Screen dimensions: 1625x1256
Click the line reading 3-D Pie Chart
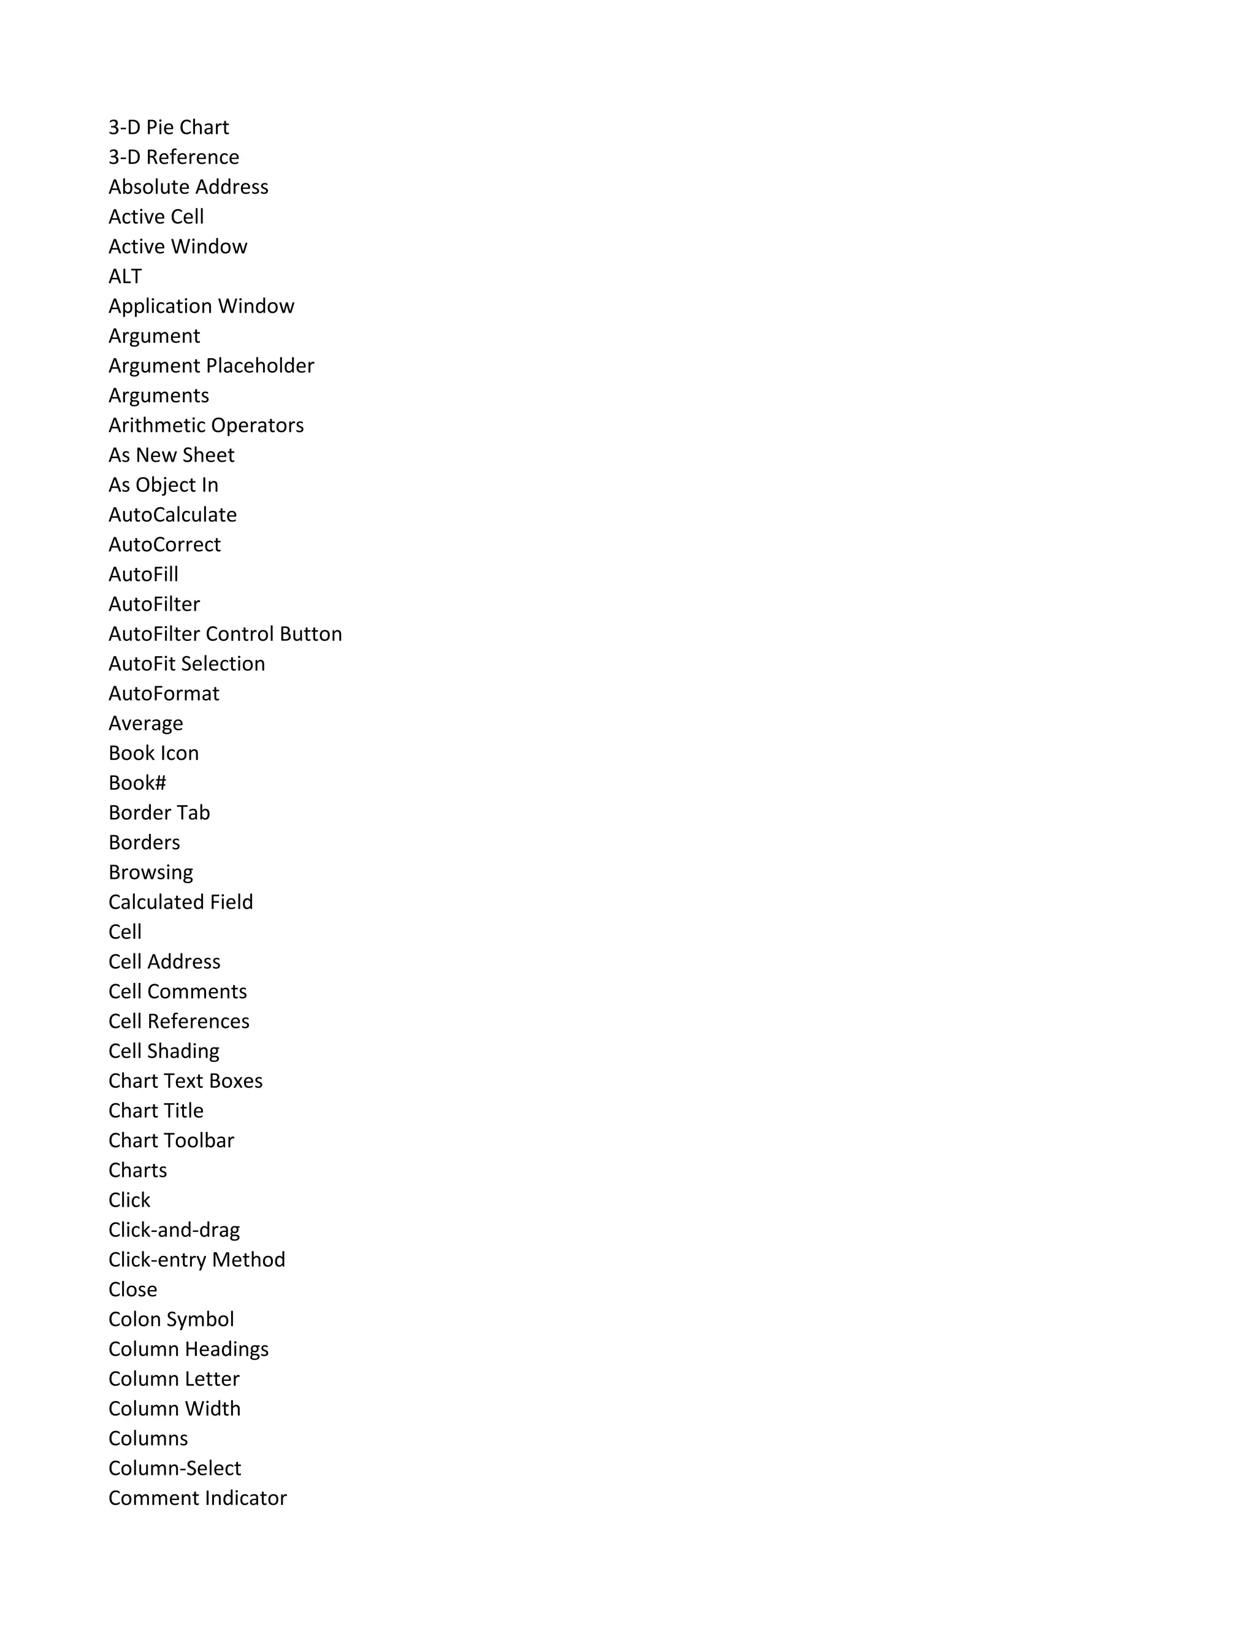pos(168,127)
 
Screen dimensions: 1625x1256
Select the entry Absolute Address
pos(188,187)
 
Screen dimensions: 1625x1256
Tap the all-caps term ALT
pos(125,276)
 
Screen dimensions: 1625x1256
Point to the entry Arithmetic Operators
pos(206,425)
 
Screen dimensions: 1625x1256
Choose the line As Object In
pos(164,484)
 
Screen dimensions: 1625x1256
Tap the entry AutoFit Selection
pos(187,663)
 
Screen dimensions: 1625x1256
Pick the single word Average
pos(146,723)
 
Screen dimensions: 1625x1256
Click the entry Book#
pos(137,782)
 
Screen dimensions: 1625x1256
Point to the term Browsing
pos(150,872)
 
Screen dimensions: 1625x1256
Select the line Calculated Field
pos(181,902)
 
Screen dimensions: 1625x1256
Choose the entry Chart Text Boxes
pos(185,1080)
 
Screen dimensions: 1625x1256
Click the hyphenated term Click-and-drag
pos(174,1229)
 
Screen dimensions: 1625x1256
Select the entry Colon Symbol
pos(171,1318)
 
